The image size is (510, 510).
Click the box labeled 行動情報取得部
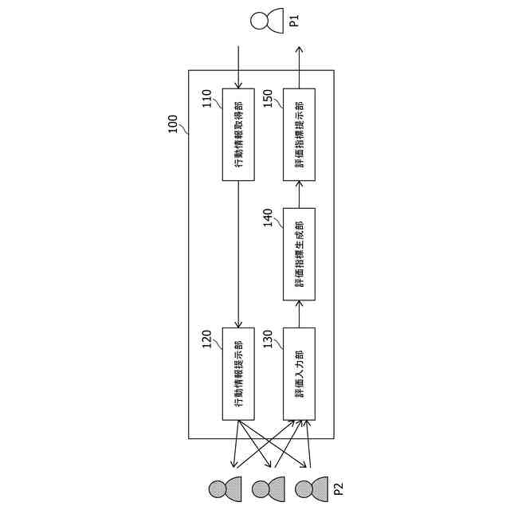[x=238, y=135]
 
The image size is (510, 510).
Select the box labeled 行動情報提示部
[x=238, y=374]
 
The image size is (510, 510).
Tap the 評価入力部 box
[x=299, y=374]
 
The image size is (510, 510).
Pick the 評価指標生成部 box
[x=299, y=254]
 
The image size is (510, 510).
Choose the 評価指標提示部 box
[x=299, y=135]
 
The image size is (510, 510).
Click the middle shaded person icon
[x=267, y=487]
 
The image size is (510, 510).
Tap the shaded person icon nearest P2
[x=310, y=487]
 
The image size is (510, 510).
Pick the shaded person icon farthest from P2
[x=224, y=487]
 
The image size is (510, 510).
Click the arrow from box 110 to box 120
[x=238, y=254]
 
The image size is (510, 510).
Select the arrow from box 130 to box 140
[x=299, y=314]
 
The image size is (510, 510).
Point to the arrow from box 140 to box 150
[x=299, y=194]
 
